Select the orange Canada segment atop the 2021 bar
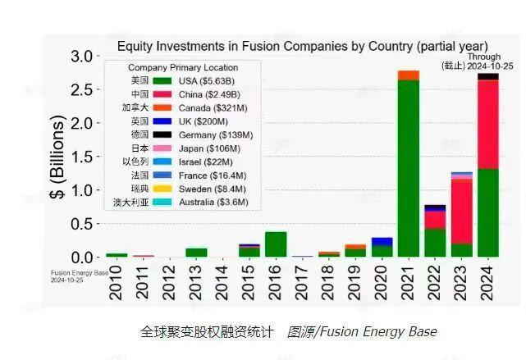[x=408, y=75]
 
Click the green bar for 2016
[x=276, y=244]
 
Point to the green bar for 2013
[x=196, y=253]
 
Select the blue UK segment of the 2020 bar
[x=382, y=242]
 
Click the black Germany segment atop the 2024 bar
[x=487, y=76]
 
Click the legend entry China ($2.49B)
[x=206, y=94]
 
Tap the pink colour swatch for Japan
[x=163, y=148]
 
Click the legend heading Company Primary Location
[x=183, y=67]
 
